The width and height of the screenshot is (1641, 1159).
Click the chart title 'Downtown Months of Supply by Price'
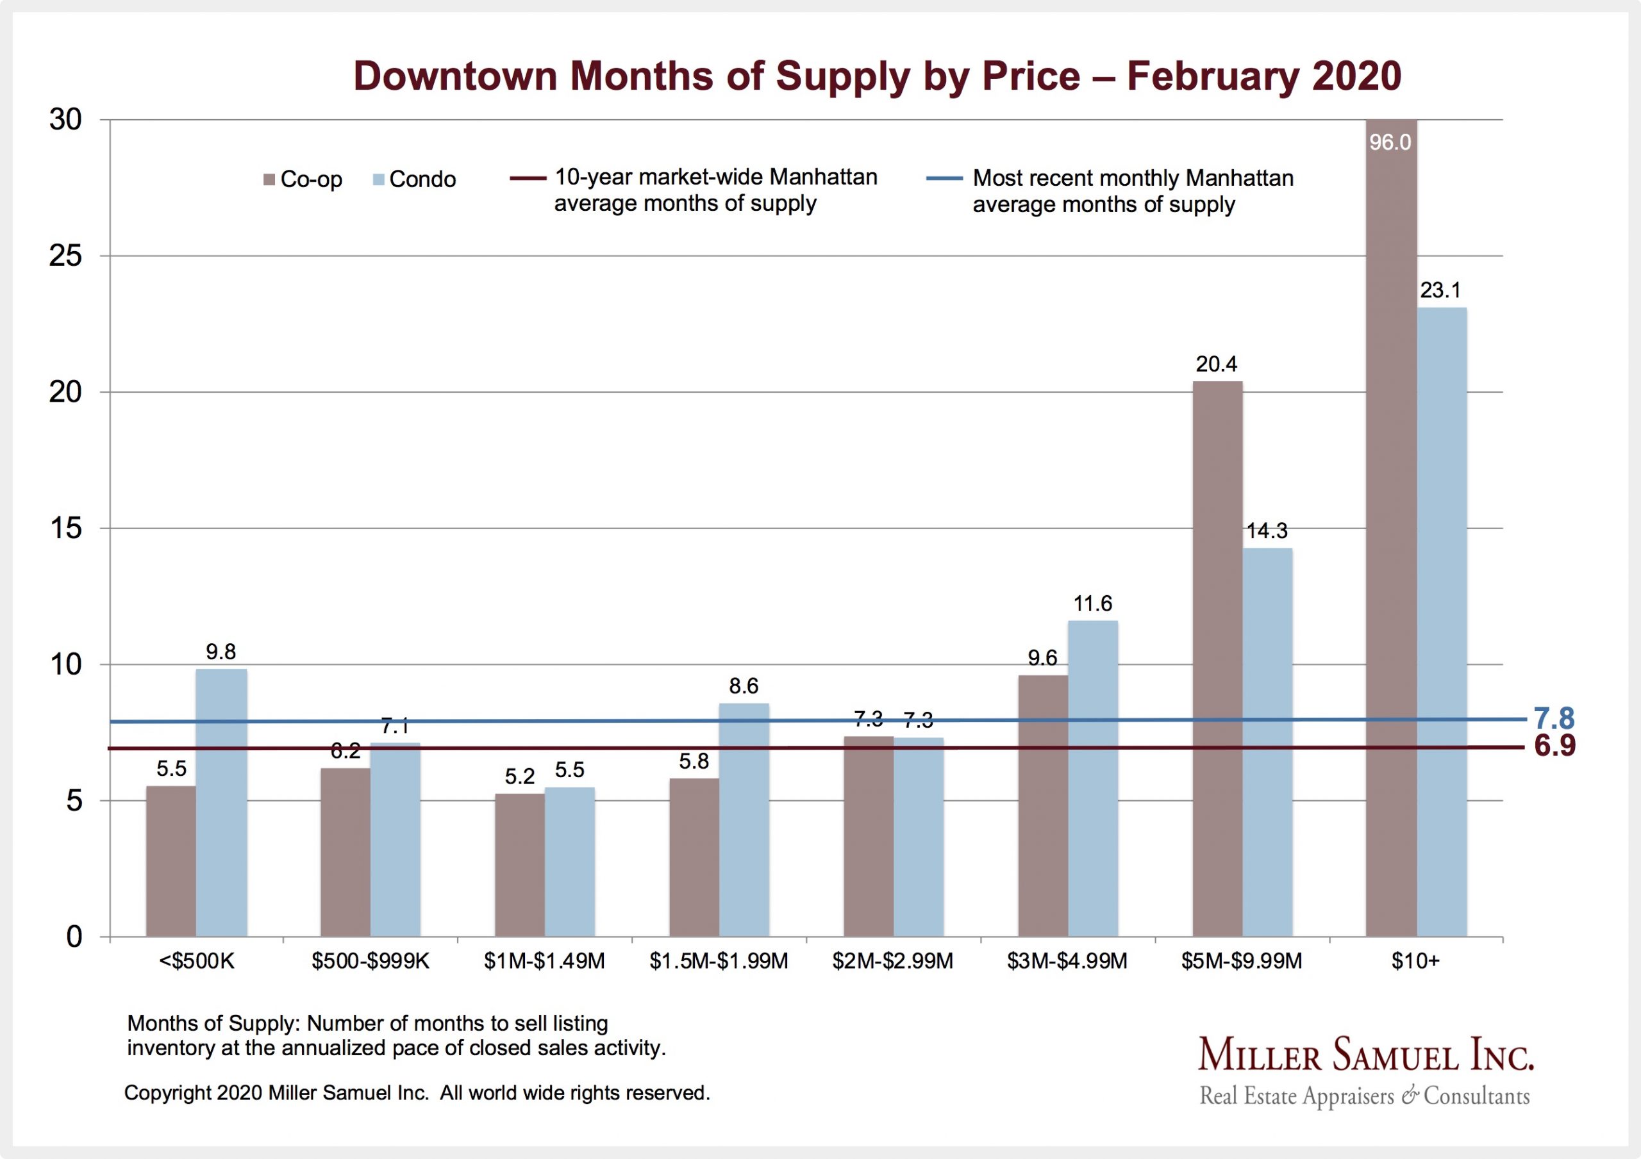(877, 76)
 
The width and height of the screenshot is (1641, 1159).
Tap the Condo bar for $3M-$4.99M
(1093, 779)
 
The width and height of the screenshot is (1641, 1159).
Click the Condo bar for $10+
(1442, 621)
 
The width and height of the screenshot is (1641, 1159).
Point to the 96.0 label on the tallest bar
(1390, 143)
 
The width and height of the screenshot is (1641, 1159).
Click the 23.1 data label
(1440, 290)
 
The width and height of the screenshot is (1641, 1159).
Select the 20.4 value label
(1217, 365)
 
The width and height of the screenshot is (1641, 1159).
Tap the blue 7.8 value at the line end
(1554, 718)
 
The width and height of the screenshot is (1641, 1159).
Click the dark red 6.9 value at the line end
(1554, 746)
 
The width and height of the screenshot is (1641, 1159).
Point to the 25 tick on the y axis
(66, 256)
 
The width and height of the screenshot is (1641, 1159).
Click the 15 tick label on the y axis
(66, 528)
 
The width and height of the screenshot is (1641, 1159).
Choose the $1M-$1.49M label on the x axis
(544, 962)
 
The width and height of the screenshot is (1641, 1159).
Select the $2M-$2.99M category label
(893, 962)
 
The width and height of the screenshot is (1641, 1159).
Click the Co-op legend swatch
(269, 179)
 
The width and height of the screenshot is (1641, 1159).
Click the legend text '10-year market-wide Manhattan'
(715, 177)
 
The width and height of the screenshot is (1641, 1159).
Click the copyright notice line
(417, 1093)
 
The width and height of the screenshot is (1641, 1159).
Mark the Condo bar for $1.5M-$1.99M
(744, 819)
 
